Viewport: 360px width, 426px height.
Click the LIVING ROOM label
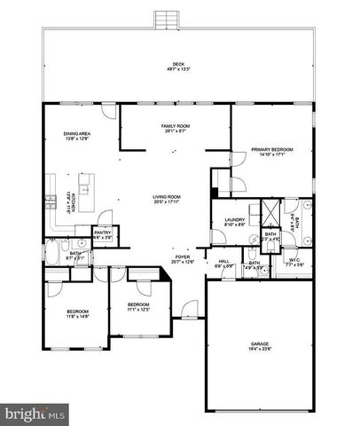[x=167, y=196]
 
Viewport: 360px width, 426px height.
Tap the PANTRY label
[x=103, y=233]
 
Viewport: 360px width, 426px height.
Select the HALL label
[x=224, y=260]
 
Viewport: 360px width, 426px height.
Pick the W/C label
[x=295, y=260]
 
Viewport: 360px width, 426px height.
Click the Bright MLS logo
[x=35, y=414]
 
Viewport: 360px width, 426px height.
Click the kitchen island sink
[x=84, y=189]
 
